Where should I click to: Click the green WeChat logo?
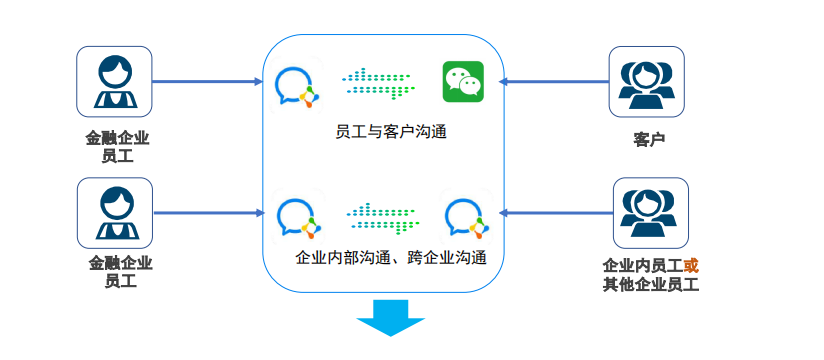pos(463,81)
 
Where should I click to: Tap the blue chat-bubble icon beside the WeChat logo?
pos(295,85)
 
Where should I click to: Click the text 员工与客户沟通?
pos(390,132)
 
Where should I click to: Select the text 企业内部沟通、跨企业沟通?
pos(392,258)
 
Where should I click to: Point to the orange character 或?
pos(690,266)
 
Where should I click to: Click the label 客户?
pos(649,139)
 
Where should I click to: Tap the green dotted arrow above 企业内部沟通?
pos(383,214)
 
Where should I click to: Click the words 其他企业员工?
pos(650,285)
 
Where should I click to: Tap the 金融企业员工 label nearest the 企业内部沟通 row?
pos(120,272)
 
